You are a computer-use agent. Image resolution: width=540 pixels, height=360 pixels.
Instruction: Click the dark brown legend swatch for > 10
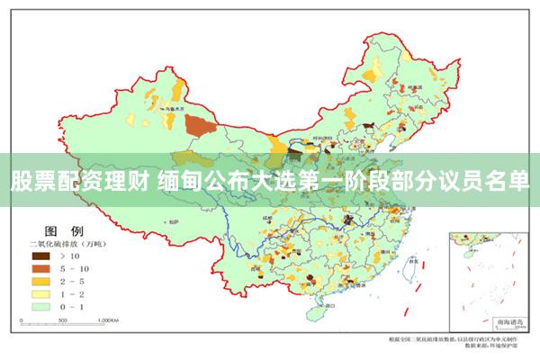point(40,256)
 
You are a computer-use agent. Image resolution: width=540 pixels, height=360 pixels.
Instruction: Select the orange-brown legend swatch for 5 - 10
point(40,268)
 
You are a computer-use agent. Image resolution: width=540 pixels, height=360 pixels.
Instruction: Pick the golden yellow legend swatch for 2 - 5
point(40,281)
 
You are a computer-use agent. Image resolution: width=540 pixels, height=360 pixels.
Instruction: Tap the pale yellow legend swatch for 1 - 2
point(40,293)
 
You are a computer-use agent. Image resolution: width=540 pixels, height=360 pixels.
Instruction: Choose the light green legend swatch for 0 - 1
point(40,306)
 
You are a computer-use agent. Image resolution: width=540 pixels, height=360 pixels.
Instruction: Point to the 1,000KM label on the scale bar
point(107,319)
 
